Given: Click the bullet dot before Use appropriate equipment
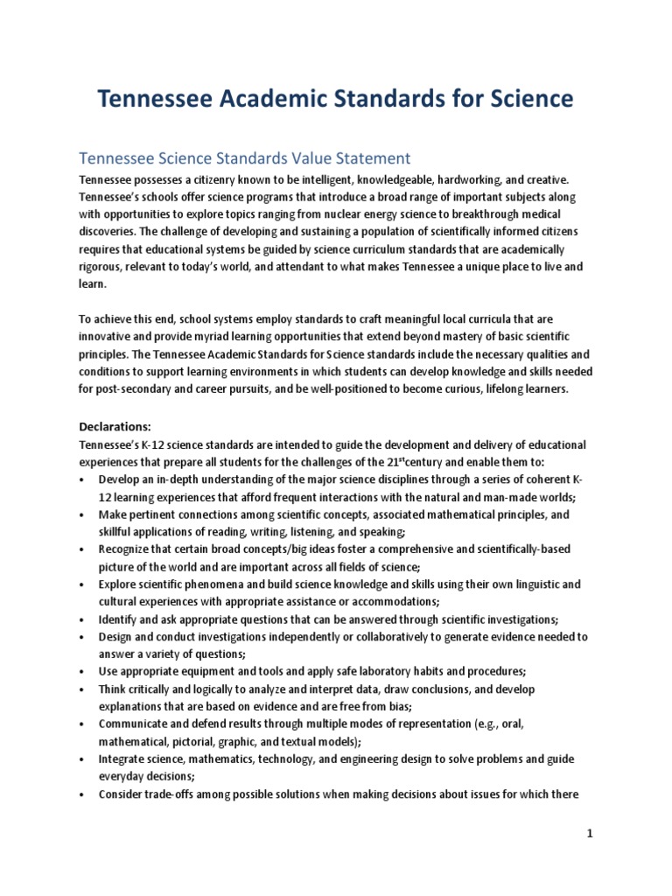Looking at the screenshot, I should click(x=81, y=671).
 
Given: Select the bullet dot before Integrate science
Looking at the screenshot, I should click(x=81, y=759).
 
